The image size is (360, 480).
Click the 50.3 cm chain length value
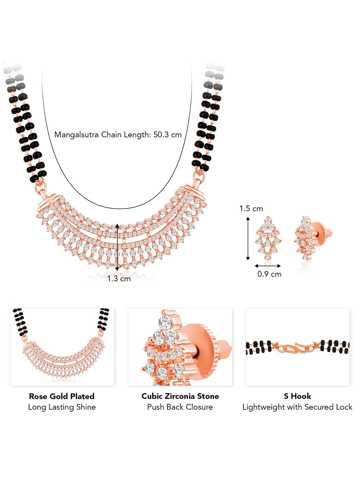[167, 135]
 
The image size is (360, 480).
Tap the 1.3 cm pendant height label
[119, 279]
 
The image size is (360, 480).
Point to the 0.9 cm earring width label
[269, 274]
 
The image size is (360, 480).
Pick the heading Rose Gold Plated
[62, 396]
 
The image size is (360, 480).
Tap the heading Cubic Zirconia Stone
[180, 396]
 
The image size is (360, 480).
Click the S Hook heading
[297, 396]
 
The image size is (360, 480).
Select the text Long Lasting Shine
[62, 407]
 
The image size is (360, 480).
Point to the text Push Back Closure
[180, 407]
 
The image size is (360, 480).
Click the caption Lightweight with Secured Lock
[297, 407]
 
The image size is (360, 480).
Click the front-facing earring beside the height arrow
[268, 238]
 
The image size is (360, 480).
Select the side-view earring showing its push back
[313, 238]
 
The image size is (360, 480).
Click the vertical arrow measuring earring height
[248, 238]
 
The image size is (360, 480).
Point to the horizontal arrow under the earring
[268, 266]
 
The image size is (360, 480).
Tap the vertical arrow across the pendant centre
[117, 247]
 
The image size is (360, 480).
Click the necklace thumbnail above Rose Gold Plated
[62, 347]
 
